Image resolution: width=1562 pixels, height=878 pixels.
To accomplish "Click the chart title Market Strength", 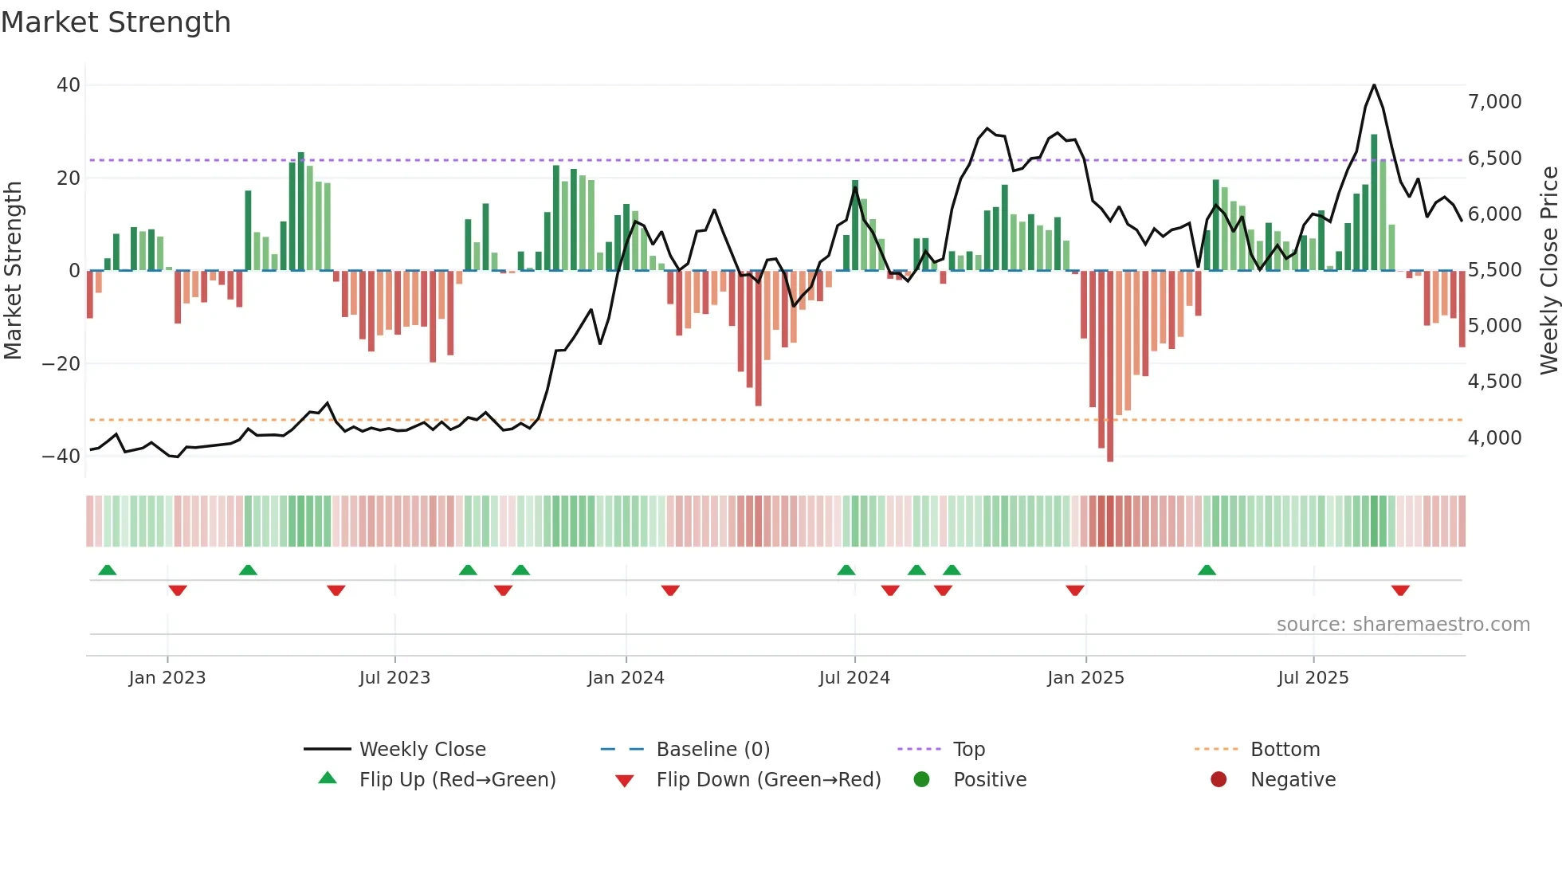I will pyautogui.click(x=116, y=22).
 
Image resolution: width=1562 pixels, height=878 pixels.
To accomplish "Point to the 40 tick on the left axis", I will pyautogui.click(x=69, y=85).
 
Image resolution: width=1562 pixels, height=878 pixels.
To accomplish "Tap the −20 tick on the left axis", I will pyautogui.click(x=61, y=364).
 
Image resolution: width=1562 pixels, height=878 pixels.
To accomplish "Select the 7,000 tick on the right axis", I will pyautogui.click(x=1494, y=102).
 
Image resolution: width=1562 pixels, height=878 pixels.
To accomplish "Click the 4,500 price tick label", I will pyautogui.click(x=1494, y=382).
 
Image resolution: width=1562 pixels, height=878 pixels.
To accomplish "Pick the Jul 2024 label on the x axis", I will pyautogui.click(x=854, y=678).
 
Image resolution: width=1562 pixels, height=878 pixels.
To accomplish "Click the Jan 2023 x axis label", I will pyautogui.click(x=167, y=678).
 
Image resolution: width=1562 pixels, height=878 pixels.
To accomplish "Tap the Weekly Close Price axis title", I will pyautogui.click(x=1548, y=271).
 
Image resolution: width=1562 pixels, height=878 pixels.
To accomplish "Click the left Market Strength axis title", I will pyautogui.click(x=14, y=271).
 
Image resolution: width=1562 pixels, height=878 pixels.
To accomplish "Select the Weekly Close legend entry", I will pyautogui.click(x=422, y=750).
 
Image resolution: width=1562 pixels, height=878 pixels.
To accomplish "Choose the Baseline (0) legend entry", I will pyautogui.click(x=712, y=750).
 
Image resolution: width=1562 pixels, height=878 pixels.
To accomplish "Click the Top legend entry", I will pyautogui.click(x=968, y=750).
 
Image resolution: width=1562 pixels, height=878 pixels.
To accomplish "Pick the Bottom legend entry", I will pyautogui.click(x=1285, y=750).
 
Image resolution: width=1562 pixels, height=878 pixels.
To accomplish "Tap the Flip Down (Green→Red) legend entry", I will pyautogui.click(x=768, y=780).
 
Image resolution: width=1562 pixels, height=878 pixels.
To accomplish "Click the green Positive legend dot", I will pyautogui.click(x=922, y=780).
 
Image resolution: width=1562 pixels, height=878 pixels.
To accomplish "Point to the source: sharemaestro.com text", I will pyautogui.click(x=1403, y=625).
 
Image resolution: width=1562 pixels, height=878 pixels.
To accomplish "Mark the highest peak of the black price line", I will pyautogui.click(x=1374, y=85).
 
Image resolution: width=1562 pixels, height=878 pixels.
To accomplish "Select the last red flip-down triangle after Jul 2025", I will pyautogui.click(x=1400, y=590).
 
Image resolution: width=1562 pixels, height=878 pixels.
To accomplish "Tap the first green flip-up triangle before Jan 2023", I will pyautogui.click(x=108, y=570).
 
